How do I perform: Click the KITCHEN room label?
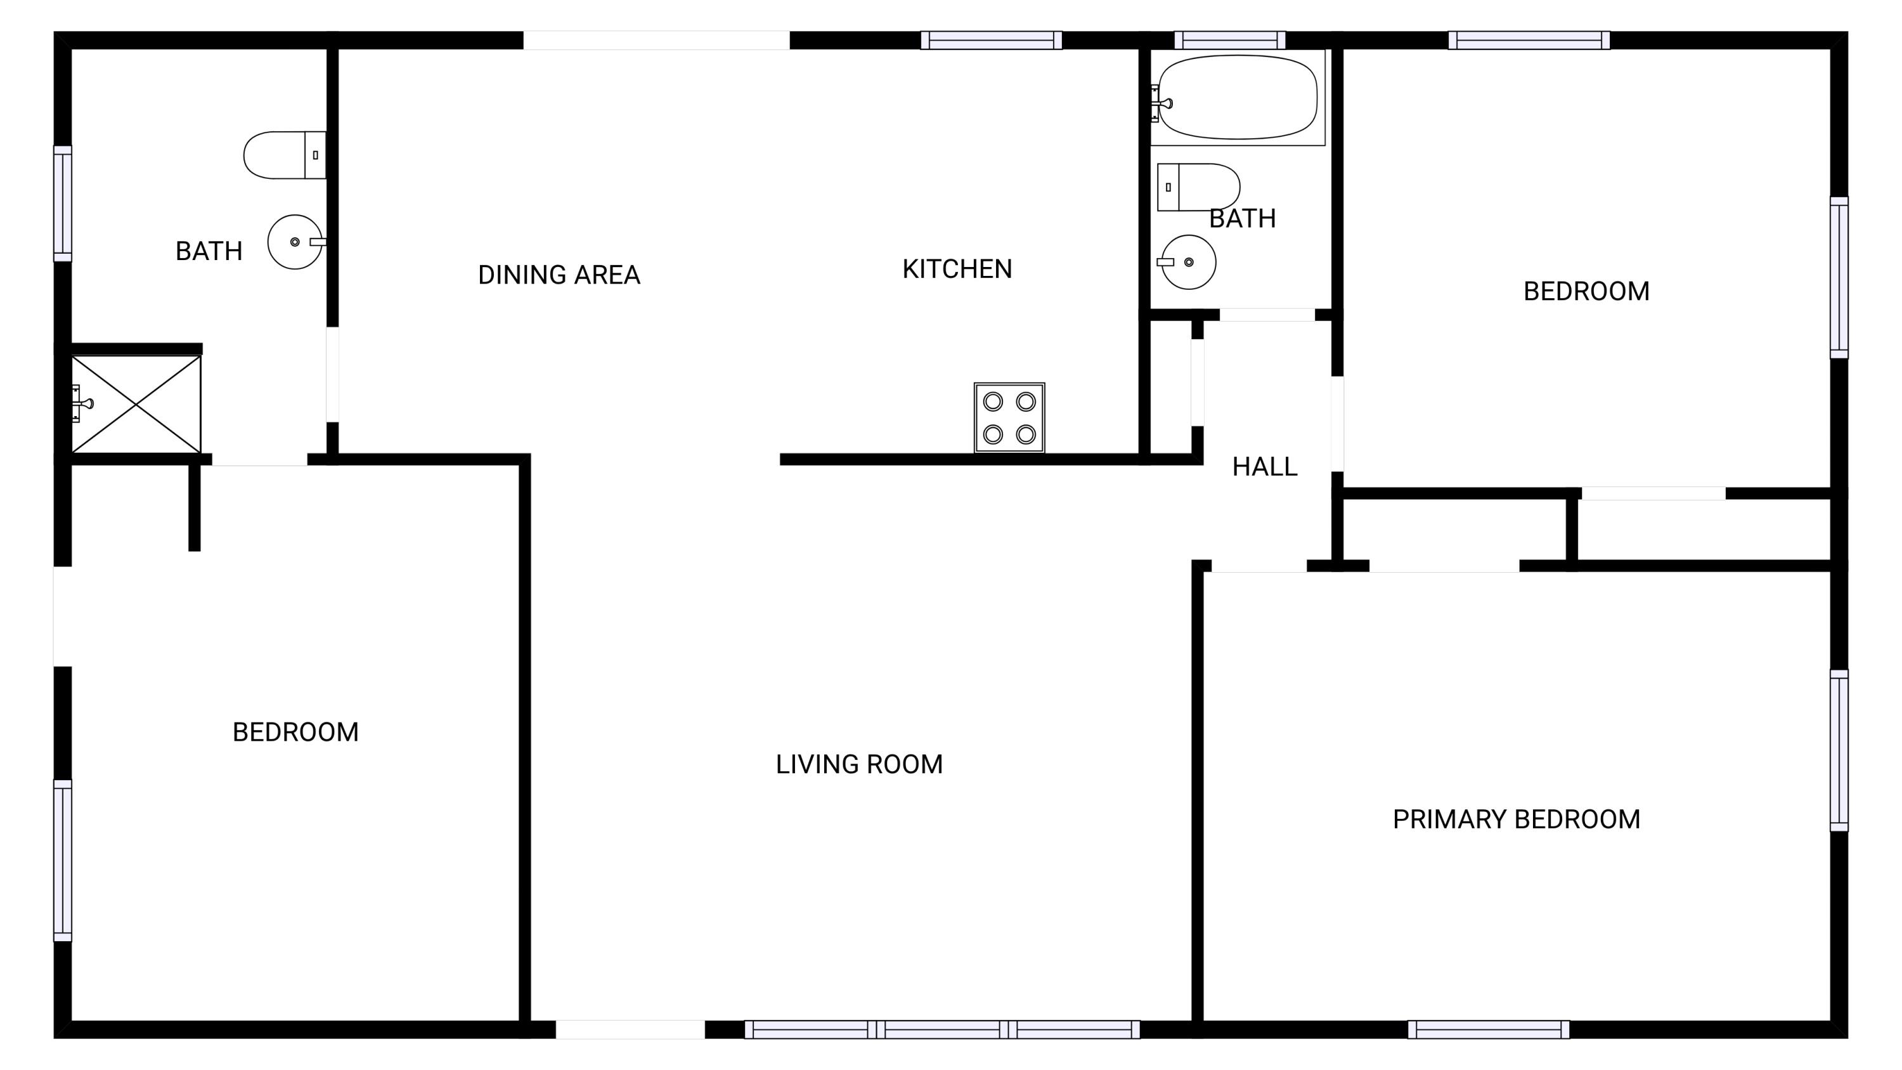coord(957,269)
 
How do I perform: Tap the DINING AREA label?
coord(559,275)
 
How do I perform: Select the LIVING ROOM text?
coord(858,764)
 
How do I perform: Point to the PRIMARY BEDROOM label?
coord(1516,819)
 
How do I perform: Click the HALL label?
coord(1264,467)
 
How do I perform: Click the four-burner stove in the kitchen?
coord(1009,417)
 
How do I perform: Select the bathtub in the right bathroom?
coord(1238,97)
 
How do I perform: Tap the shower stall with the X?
coord(136,404)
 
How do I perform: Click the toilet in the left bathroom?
coord(283,155)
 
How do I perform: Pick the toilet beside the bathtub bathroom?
coord(1198,187)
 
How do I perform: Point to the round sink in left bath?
coord(295,242)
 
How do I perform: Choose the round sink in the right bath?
coord(1189,262)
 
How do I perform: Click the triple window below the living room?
coord(941,1029)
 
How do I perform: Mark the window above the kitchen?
coord(991,40)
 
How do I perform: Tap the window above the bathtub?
coord(1229,40)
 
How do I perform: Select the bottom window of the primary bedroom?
coord(1488,1029)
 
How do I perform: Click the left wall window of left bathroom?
coord(63,204)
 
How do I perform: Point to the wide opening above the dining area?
coord(656,40)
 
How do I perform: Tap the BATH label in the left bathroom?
coord(209,251)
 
